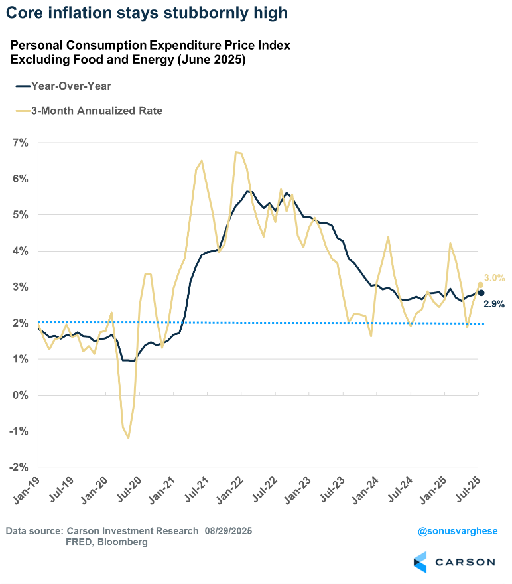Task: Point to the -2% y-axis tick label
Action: [x=18, y=467]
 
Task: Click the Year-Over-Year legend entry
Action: [x=67, y=86]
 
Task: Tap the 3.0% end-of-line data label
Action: [x=495, y=278]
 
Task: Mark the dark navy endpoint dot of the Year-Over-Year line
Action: [x=481, y=293]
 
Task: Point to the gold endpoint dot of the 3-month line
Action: [x=480, y=285]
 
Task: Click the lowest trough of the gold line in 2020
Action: [x=128, y=438]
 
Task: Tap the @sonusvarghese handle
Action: [x=456, y=531]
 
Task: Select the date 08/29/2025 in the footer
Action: [x=228, y=531]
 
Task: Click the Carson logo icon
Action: [x=421, y=561]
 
